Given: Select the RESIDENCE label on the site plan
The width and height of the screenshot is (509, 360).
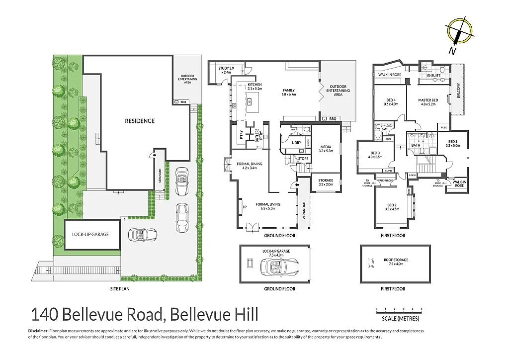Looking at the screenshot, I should pyautogui.click(x=140, y=121).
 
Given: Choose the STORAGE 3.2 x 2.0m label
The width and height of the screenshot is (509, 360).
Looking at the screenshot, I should pyautogui.click(x=326, y=182).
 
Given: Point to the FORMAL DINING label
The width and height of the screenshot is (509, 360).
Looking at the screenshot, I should pyautogui.click(x=249, y=166).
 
